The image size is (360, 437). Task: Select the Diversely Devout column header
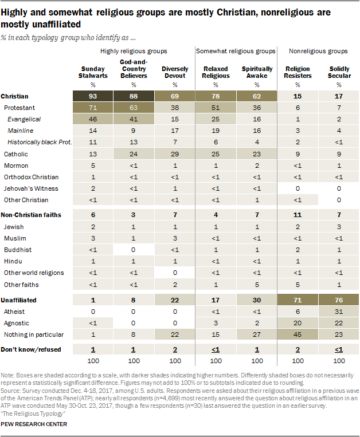coord(174,72)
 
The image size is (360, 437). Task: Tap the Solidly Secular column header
coord(339,72)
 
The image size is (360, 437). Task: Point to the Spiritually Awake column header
coord(256,72)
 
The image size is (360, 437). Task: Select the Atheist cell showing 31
coord(339,312)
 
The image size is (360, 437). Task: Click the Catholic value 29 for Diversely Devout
coord(174,154)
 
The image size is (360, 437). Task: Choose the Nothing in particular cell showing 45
coord(298,335)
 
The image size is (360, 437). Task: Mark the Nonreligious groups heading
coord(318,51)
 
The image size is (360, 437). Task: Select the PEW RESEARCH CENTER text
coord(34,424)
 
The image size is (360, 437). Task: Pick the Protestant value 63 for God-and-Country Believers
coord(133,107)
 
